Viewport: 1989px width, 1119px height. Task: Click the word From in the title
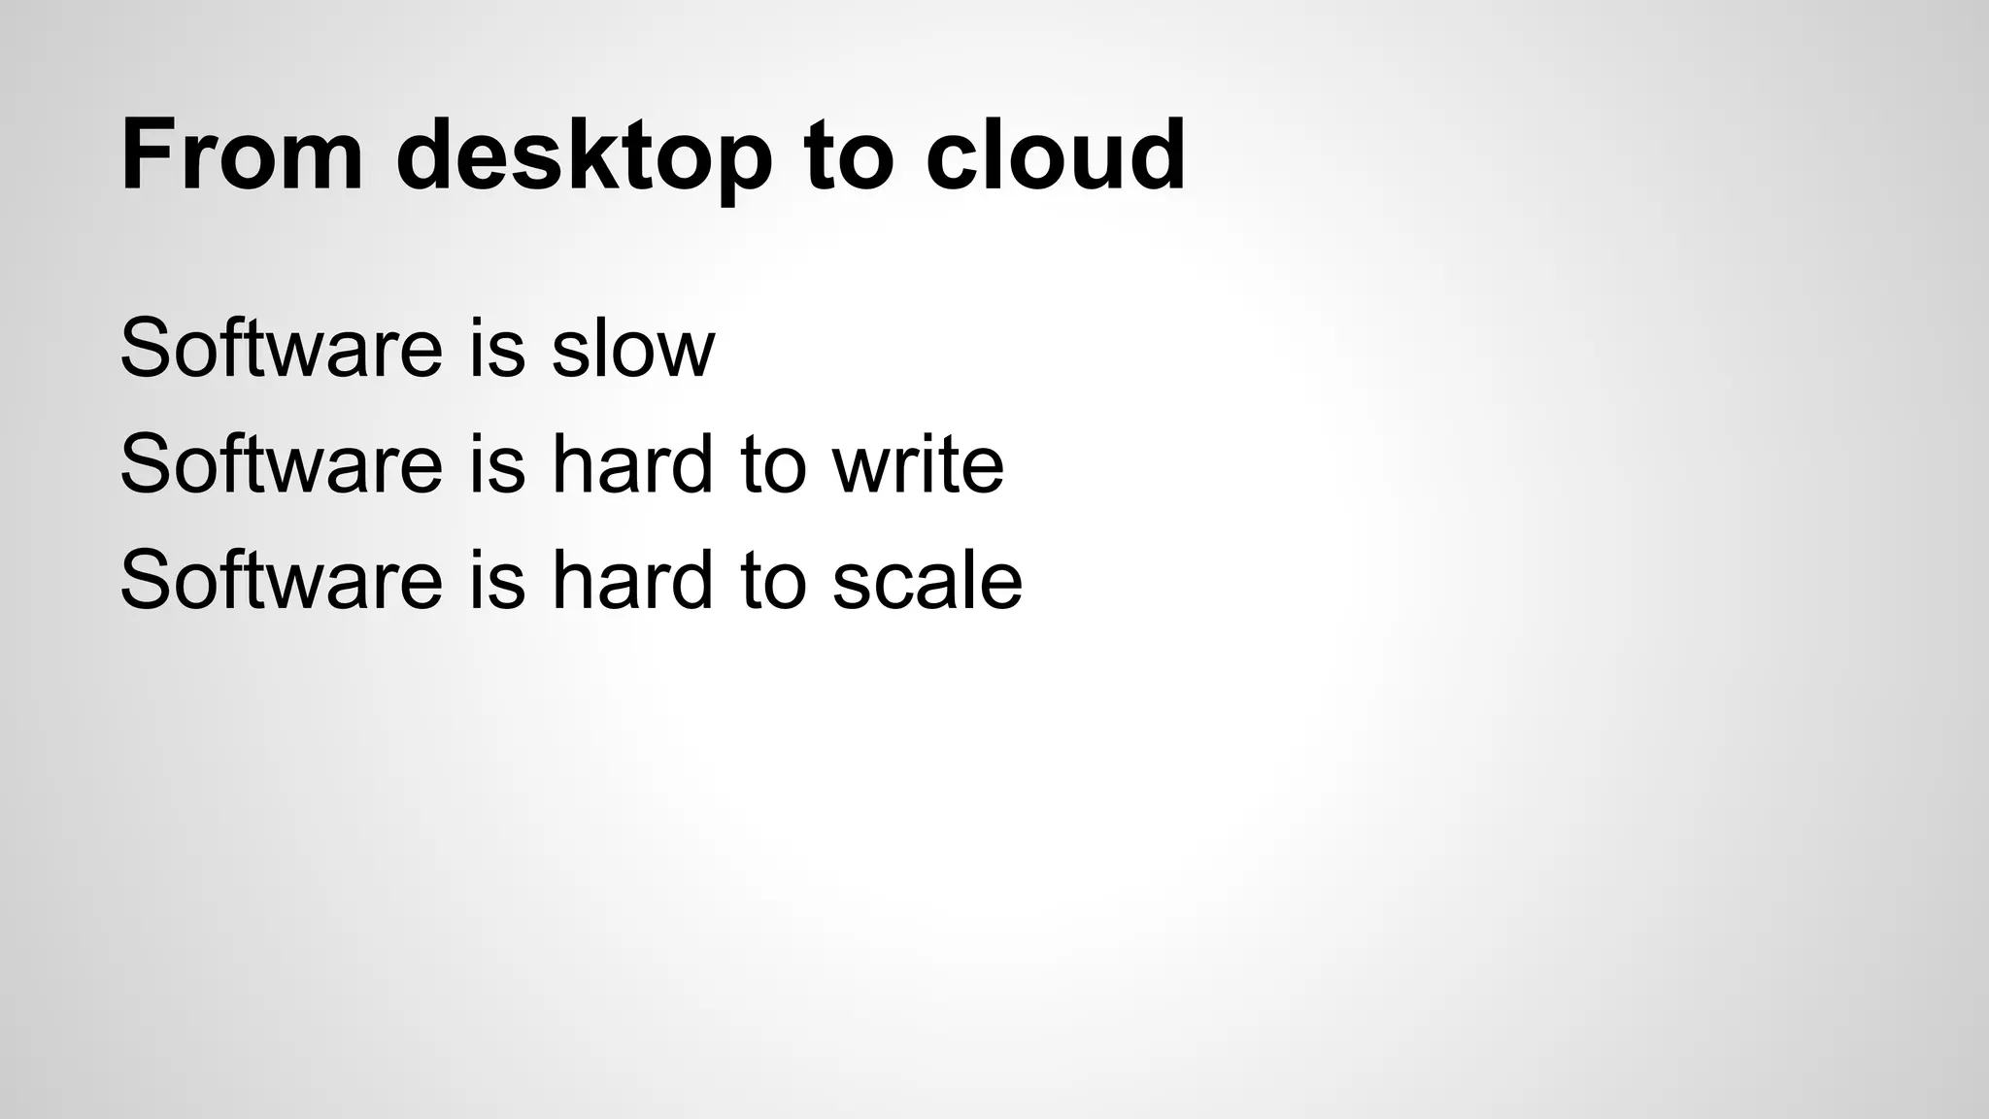[242, 155]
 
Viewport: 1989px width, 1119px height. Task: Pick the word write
[918, 463]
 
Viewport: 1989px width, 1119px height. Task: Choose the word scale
[927, 580]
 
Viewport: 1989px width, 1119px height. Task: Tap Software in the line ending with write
[282, 463]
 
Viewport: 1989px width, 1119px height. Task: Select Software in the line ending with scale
[282, 580]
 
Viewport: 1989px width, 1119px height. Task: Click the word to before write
[773, 465]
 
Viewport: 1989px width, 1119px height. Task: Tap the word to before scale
[773, 582]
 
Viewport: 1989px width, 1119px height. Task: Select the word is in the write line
[497, 463]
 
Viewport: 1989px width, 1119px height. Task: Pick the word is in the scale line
[497, 580]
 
